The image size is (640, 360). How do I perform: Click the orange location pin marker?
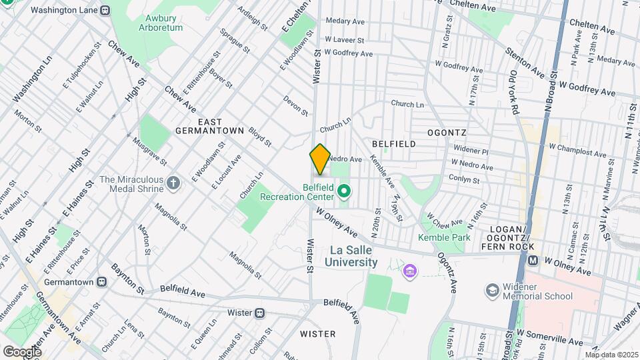[x=320, y=159]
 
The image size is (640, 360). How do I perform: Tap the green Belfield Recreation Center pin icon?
[x=344, y=193]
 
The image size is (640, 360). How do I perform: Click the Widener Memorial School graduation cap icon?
[x=491, y=291]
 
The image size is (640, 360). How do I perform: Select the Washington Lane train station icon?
[x=105, y=11]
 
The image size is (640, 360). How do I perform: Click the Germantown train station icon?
[x=101, y=282]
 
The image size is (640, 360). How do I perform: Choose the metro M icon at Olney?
[x=532, y=261]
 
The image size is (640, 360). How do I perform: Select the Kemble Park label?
[x=444, y=237]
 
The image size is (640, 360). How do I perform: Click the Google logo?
[x=23, y=351]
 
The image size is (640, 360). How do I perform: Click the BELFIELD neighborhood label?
[x=393, y=144]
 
